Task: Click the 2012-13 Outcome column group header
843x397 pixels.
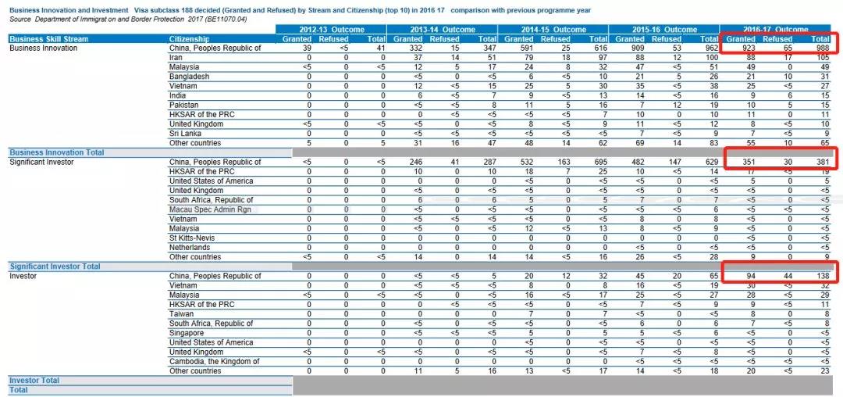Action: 332,30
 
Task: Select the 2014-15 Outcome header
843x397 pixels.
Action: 553,30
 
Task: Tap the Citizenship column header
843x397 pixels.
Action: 189,39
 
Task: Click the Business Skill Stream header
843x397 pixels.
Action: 49,39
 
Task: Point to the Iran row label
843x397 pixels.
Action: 176,58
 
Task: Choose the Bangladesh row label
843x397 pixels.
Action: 190,77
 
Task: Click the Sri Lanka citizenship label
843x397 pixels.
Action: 186,134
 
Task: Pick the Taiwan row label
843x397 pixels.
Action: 181,313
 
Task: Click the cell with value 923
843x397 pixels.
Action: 748,48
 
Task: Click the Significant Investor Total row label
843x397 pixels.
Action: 55,266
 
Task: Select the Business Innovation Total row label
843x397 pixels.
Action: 57,152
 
